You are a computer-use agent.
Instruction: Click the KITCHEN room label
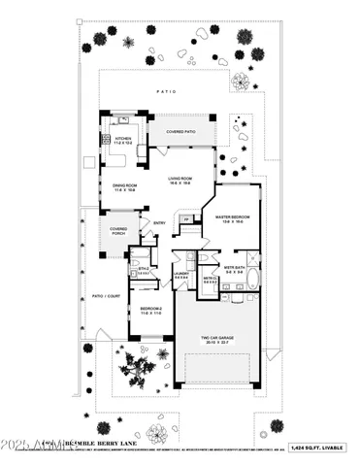point(123,140)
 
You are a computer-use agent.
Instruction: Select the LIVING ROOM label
point(178,181)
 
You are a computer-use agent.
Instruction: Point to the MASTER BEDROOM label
point(234,218)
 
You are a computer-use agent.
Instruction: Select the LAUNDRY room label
point(181,275)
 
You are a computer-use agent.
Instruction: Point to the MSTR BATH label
point(234,272)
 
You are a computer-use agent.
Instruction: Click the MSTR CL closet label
point(211,280)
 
